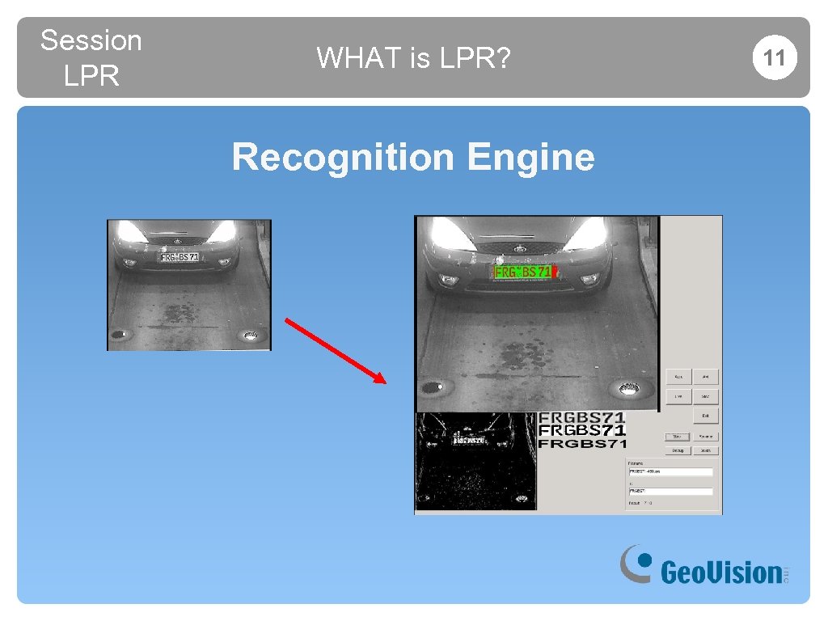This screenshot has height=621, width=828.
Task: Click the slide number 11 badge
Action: (775, 57)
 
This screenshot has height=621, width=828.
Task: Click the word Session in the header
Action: (91, 40)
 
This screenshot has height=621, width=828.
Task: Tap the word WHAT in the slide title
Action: (349, 57)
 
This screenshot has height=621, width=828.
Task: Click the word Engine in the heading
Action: (530, 157)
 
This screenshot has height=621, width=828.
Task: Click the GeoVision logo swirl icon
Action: (636, 563)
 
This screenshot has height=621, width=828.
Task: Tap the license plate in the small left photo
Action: (180, 256)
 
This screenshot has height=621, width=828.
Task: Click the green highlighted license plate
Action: (523, 272)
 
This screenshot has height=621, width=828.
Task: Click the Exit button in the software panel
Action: (705, 416)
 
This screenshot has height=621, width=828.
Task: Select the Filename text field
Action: (670, 471)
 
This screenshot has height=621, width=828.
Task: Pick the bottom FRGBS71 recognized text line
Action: (582, 443)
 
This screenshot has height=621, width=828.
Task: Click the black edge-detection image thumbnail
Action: (475, 461)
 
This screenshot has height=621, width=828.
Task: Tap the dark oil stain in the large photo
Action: (522, 353)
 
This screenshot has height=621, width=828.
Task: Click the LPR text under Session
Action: (91, 76)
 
